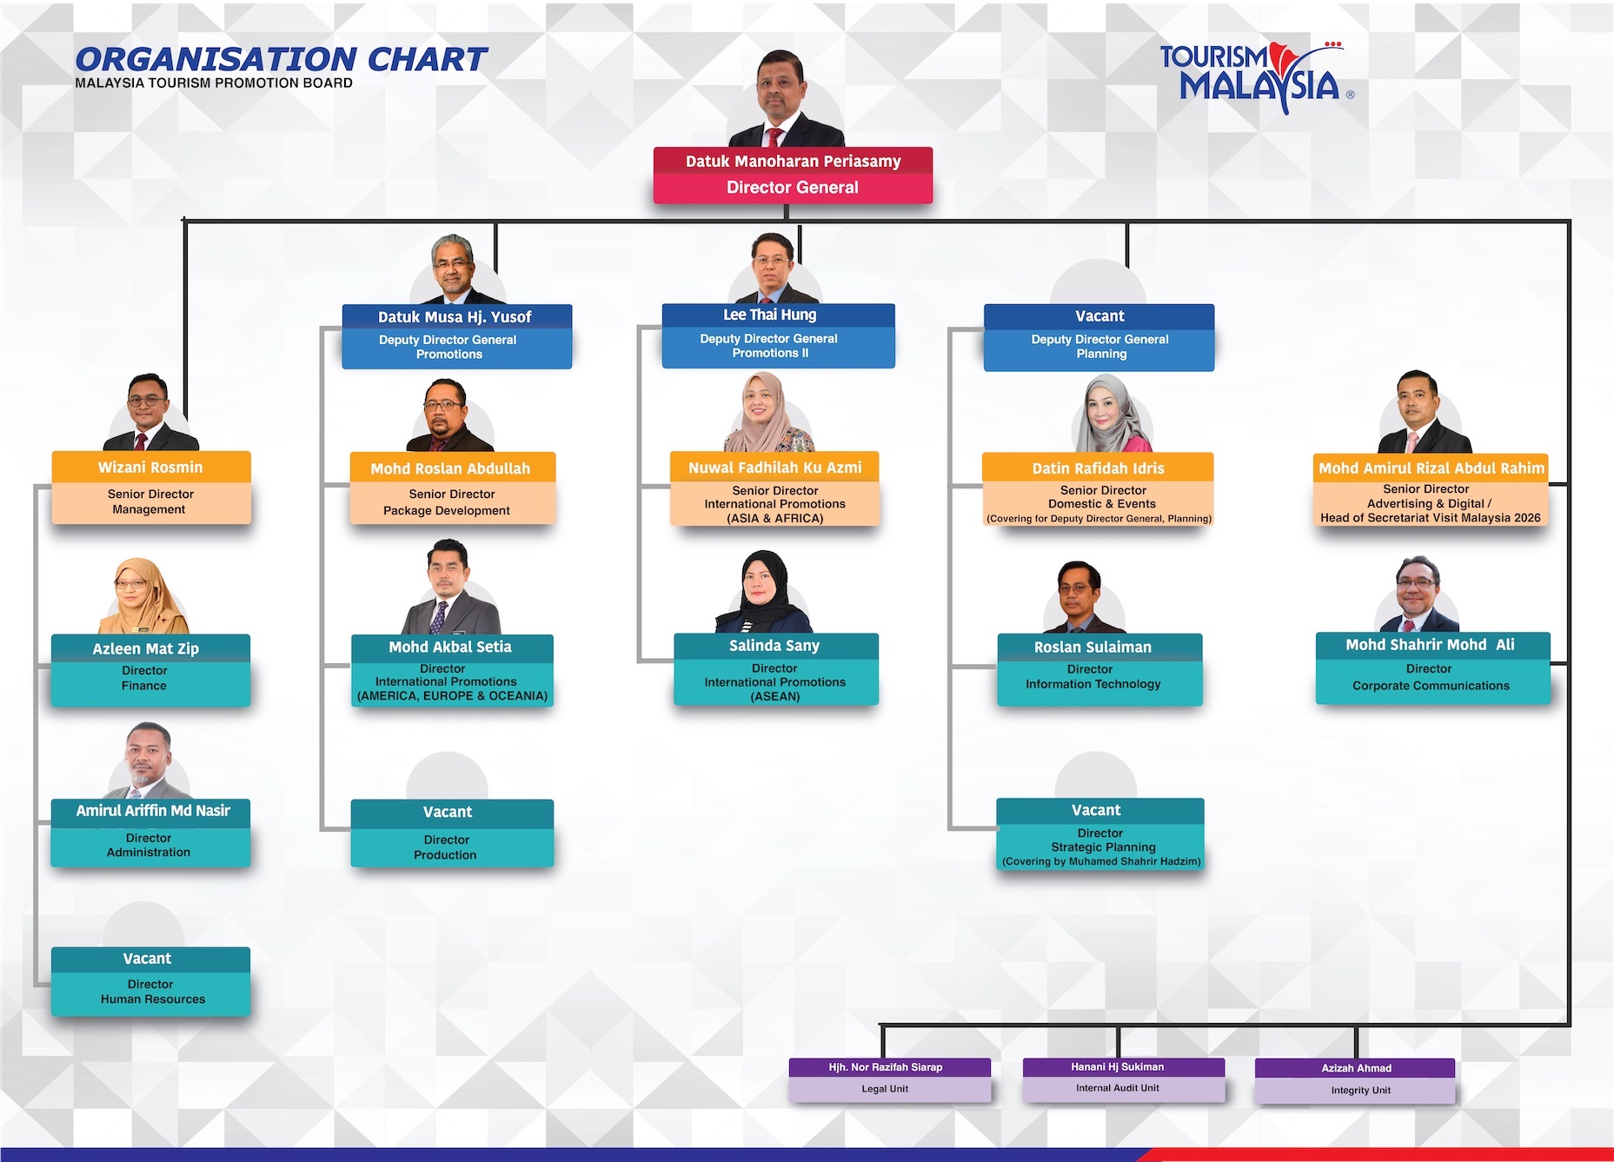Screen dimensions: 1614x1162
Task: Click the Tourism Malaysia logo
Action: click(x=1257, y=77)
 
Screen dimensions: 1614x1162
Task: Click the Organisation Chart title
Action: click(x=281, y=59)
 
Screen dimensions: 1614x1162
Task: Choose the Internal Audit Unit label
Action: click(x=1117, y=1088)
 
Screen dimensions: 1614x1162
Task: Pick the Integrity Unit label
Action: click(x=1360, y=1090)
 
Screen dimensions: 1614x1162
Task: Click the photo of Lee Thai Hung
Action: click(x=773, y=268)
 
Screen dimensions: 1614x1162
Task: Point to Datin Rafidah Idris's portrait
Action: click(x=1106, y=414)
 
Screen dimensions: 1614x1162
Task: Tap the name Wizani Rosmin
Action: click(x=150, y=467)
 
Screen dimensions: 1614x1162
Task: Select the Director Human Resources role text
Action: click(x=152, y=992)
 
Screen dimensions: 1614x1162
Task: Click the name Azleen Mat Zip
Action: click(x=146, y=648)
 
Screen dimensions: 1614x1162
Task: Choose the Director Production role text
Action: click(x=446, y=847)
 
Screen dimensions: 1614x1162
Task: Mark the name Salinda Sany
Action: click(x=774, y=645)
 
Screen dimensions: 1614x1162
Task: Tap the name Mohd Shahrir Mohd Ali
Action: click(x=1430, y=644)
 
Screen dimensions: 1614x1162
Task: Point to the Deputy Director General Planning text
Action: click(x=1100, y=346)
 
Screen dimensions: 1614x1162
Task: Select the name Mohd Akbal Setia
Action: click(x=450, y=647)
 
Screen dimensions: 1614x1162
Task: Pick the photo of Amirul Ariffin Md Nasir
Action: click(x=148, y=760)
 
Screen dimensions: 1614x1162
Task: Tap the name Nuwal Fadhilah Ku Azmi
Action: click(x=775, y=468)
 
